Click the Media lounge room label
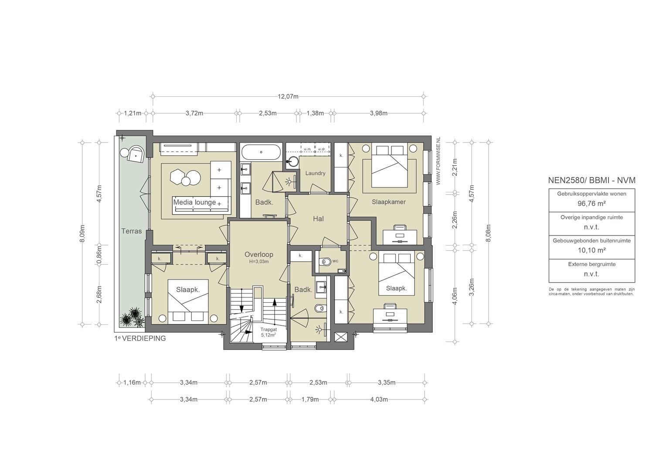coord(194,202)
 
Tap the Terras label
coord(132,231)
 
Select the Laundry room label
coord(315,173)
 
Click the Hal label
coord(318,219)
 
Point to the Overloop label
coord(258,254)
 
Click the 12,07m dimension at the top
coord(288,97)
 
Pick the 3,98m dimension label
coord(378,113)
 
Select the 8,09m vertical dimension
coord(83,233)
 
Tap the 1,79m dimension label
coord(310,399)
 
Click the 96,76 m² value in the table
coord(591,204)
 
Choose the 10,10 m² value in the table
coord(591,250)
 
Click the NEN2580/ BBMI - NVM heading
coord(591,180)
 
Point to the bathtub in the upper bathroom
coord(261,152)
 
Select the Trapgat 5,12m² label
coord(268,332)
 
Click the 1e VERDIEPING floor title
coord(140,338)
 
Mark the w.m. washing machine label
coord(307,149)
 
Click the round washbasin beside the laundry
coord(294,161)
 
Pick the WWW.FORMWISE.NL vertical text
coord(438,161)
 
